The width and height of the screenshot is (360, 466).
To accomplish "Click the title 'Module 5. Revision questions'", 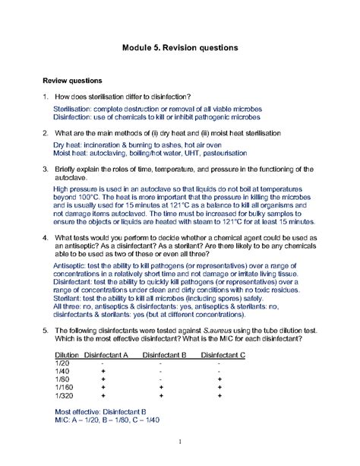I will coord(180,47).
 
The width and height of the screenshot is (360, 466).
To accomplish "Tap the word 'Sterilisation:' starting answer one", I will coord(74,110).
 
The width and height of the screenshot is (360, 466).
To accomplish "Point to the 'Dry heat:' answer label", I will coord(70,144).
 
